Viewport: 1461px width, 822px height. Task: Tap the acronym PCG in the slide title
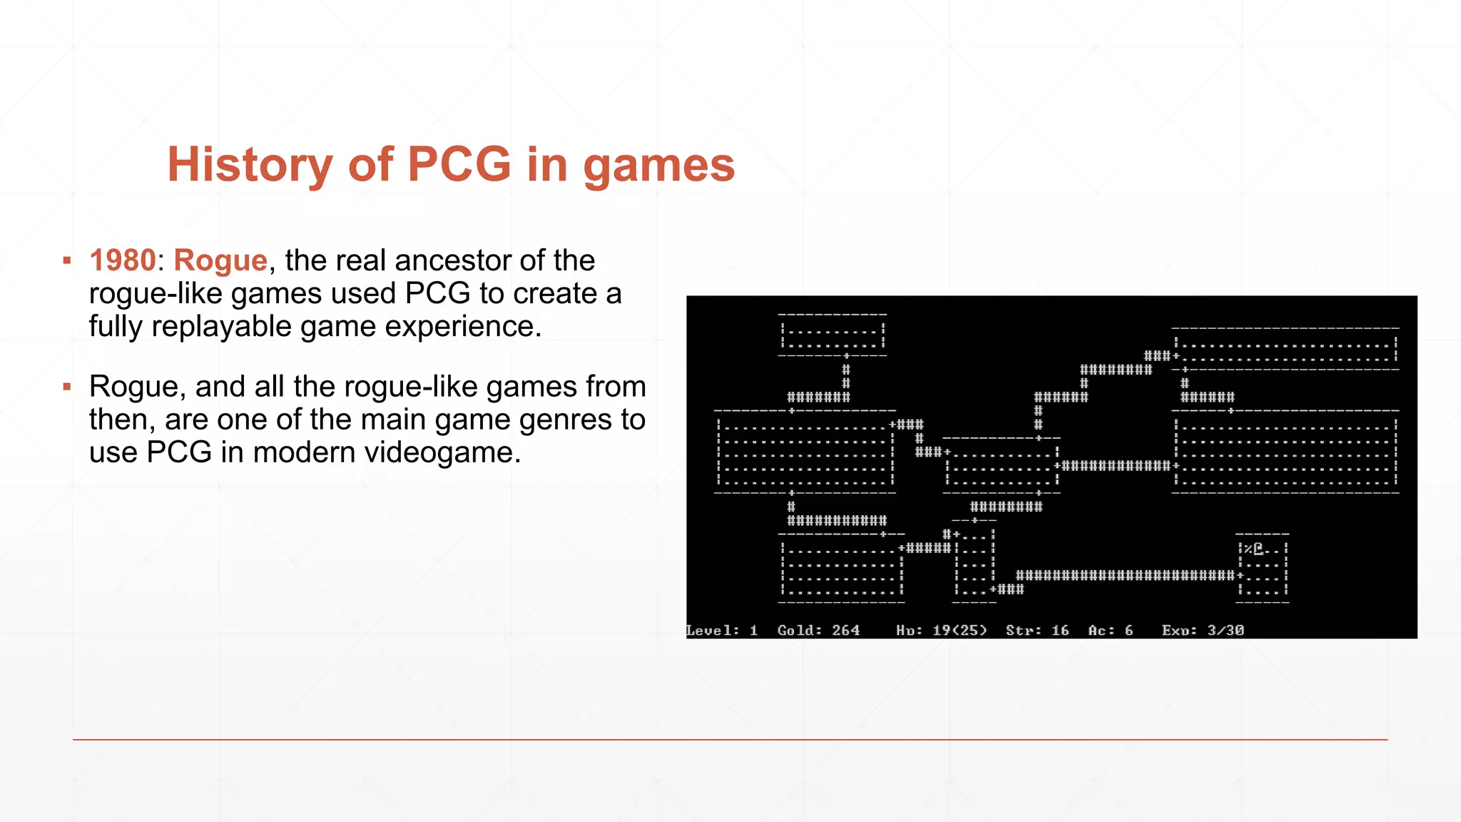pyautogui.click(x=459, y=164)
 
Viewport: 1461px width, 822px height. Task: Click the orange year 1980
pyautogui.click(x=122, y=260)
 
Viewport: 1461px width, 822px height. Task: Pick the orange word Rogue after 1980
pyautogui.click(x=220, y=261)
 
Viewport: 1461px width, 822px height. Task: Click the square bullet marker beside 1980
pyautogui.click(x=67, y=260)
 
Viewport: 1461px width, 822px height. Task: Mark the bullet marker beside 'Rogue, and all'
pyautogui.click(x=67, y=387)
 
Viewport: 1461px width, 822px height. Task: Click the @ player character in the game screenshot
pyautogui.click(x=1258, y=549)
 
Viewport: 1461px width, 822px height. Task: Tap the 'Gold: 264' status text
pyautogui.click(x=818, y=630)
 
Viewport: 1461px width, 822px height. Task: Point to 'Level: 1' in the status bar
pyautogui.click(x=721, y=630)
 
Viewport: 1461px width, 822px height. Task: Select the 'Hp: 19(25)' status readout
pyautogui.click(x=942, y=630)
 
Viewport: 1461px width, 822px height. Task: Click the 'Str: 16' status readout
pyautogui.click(x=1037, y=630)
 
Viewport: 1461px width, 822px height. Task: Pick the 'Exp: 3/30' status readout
pyautogui.click(x=1203, y=630)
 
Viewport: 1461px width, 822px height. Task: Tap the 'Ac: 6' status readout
pyautogui.click(x=1111, y=630)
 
